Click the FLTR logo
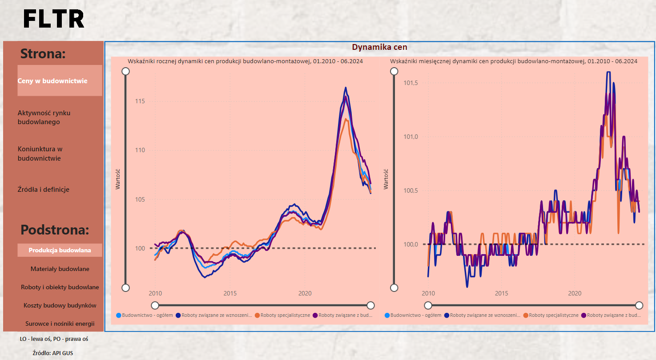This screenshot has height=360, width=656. coord(54,19)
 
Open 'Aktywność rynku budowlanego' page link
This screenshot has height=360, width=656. coord(44,117)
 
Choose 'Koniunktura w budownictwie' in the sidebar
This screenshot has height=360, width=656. coord(40,154)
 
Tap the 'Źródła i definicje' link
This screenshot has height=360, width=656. coord(44,190)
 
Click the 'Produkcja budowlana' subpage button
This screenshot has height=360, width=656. coord(60,250)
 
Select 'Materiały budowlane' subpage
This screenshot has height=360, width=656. coord(60,269)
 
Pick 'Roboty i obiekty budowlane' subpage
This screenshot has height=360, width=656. coord(60,287)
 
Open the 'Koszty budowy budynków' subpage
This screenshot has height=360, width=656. coord(60,305)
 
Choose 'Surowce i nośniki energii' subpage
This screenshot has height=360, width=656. coord(60,324)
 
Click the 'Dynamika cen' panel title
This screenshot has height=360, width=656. coord(379,47)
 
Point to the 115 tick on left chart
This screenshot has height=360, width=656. coord(140,101)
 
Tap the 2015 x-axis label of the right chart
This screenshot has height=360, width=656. coord(501,294)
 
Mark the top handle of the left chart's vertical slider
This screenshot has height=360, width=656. coord(125,71)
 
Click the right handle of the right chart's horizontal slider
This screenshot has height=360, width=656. coord(639,305)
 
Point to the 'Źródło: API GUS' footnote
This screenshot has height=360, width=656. coord(53,353)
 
